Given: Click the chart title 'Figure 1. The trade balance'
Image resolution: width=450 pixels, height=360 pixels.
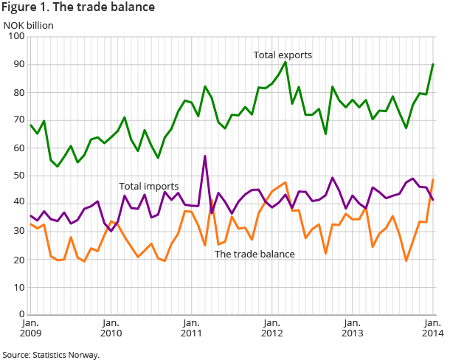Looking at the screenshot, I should (x=78, y=8).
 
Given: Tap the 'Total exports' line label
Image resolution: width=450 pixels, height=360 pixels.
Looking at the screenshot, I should (x=283, y=55).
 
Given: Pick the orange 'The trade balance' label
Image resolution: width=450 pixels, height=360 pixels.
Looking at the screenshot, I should (x=254, y=255).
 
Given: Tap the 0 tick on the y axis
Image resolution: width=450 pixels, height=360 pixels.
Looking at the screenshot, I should (x=22, y=314).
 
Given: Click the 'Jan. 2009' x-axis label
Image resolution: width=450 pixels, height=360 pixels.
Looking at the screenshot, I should (x=30, y=328).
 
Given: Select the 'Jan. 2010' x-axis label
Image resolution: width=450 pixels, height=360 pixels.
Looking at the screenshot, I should (x=111, y=328).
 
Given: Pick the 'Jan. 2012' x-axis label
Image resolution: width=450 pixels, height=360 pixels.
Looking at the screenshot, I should (x=271, y=328).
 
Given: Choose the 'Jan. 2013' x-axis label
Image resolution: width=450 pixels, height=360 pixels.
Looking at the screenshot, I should (x=351, y=328).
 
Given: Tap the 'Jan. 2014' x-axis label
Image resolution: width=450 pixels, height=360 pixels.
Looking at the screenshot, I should (x=432, y=328).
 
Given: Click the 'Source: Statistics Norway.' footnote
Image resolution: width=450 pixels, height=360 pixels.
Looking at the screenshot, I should (x=51, y=354).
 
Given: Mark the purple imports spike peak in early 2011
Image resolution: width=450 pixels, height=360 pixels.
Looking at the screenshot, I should (x=204, y=156).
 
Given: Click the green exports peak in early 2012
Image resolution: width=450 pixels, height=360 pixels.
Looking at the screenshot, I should (x=285, y=62).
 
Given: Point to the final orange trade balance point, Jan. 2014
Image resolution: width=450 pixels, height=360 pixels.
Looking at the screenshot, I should (x=432, y=180).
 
